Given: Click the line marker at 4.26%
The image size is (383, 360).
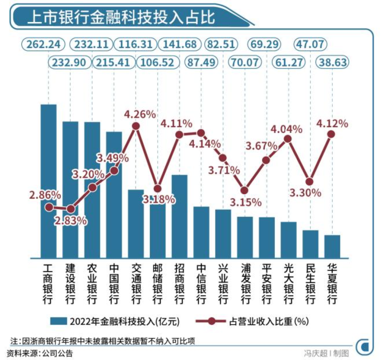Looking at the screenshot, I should pyautogui.click(x=136, y=126).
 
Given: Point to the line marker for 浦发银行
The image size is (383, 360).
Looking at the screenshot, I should pyautogui.click(x=245, y=190).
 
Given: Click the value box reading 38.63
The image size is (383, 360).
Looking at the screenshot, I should pyautogui.click(x=331, y=62).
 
